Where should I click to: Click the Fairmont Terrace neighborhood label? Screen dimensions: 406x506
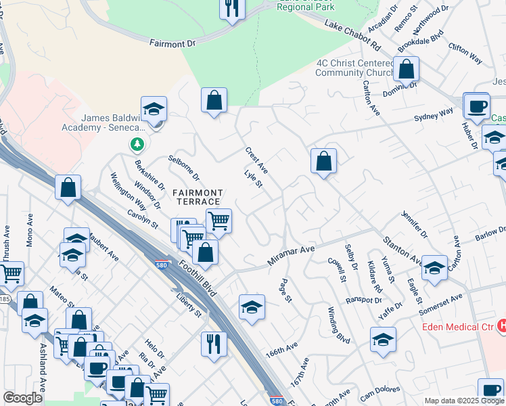(x=196, y=197)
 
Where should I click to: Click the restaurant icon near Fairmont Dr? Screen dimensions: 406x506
(x=232, y=9)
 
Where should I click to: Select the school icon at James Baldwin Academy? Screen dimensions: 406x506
(x=154, y=108)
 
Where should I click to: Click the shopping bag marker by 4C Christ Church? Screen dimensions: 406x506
(x=407, y=68)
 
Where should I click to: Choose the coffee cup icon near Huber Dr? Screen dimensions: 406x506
(x=477, y=105)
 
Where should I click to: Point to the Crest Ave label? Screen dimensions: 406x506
(x=257, y=160)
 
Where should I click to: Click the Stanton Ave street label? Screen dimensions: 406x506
(x=403, y=250)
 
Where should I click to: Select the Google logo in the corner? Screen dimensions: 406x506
(x=22, y=398)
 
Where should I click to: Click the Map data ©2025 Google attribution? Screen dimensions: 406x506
(x=464, y=401)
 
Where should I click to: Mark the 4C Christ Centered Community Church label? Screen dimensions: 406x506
(x=354, y=68)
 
